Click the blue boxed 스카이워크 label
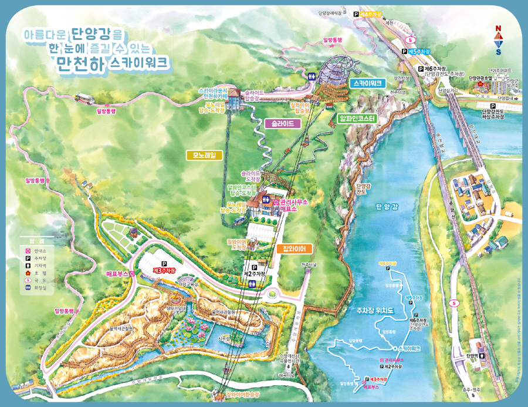367,83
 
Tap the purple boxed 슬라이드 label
283,123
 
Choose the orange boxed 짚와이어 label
295,248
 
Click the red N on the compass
497,28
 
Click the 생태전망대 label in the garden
177,307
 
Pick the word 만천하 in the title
81,62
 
